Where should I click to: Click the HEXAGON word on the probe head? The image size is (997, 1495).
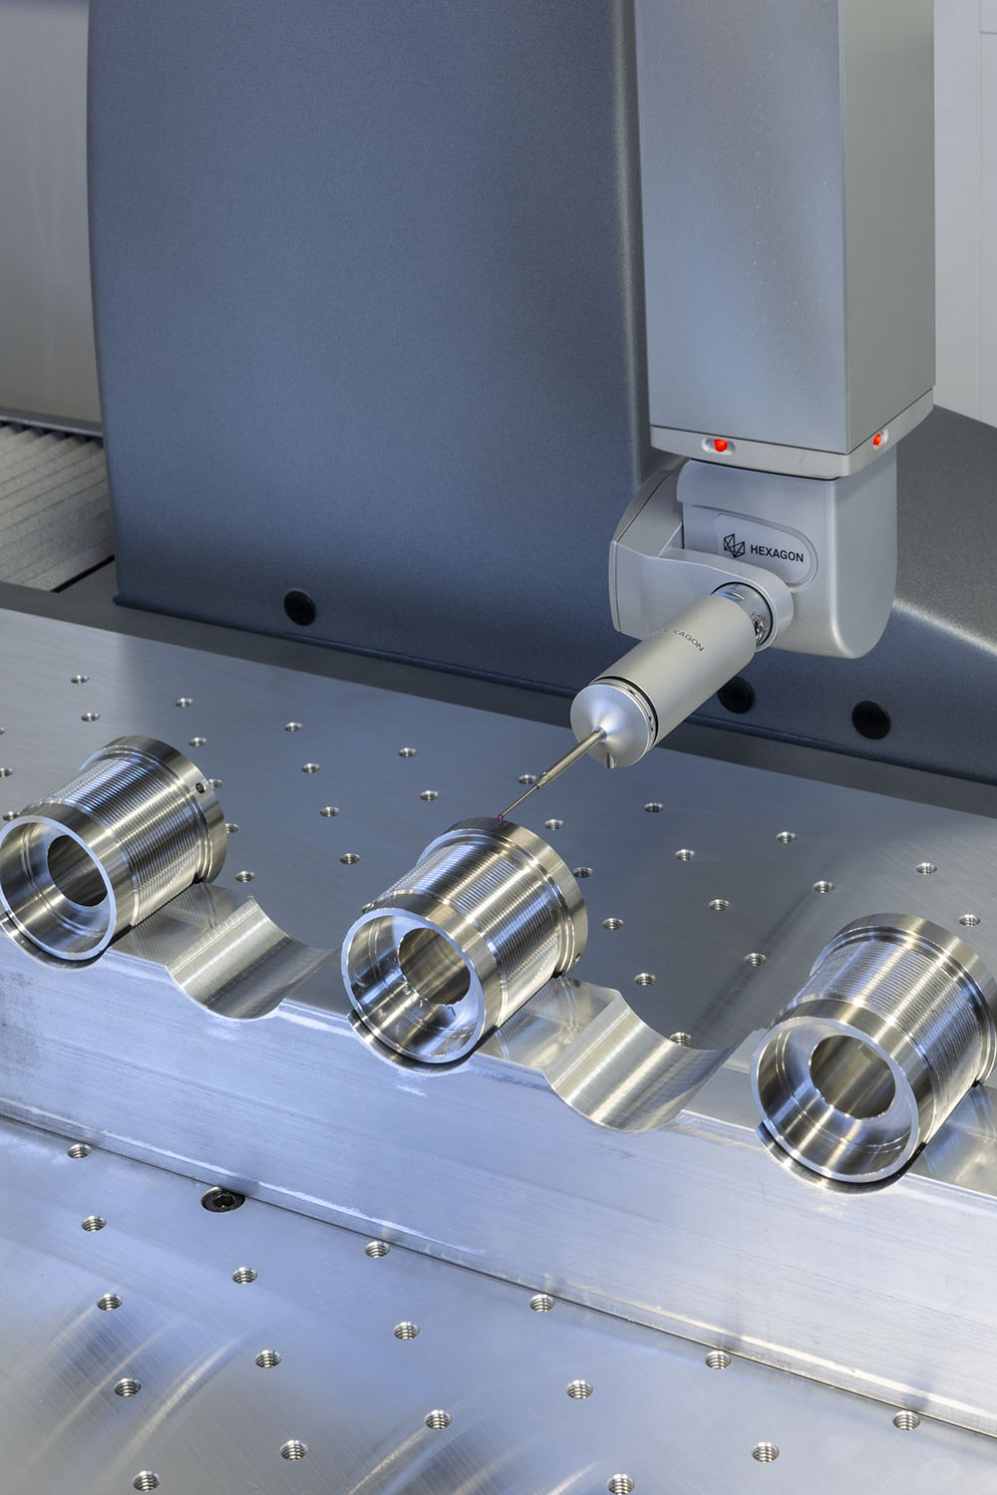click(776, 552)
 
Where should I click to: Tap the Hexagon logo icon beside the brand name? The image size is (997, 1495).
click(734, 545)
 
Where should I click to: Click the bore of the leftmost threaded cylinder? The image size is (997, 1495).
click(78, 871)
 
